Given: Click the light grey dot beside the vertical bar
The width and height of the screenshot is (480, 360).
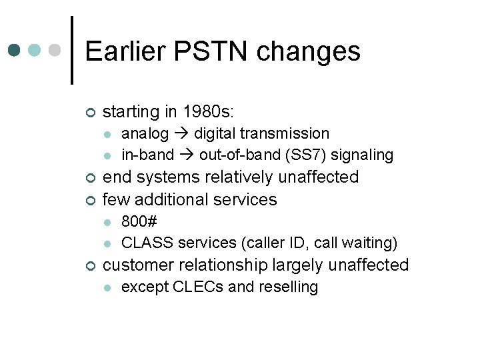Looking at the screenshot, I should pos(56,51).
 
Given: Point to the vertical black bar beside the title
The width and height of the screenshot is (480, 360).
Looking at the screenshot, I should pos(71,51).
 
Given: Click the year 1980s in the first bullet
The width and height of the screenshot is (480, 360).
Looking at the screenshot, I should pos(203,111).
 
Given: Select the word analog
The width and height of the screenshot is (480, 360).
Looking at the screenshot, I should pos(145,133).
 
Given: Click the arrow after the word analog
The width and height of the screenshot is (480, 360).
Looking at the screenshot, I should pos(181,134).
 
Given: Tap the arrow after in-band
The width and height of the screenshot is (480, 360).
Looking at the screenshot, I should pos(186,155).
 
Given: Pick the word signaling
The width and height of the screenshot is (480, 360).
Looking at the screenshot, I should pos(367,155).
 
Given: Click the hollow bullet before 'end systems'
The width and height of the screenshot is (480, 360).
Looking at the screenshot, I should pos(91,178).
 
